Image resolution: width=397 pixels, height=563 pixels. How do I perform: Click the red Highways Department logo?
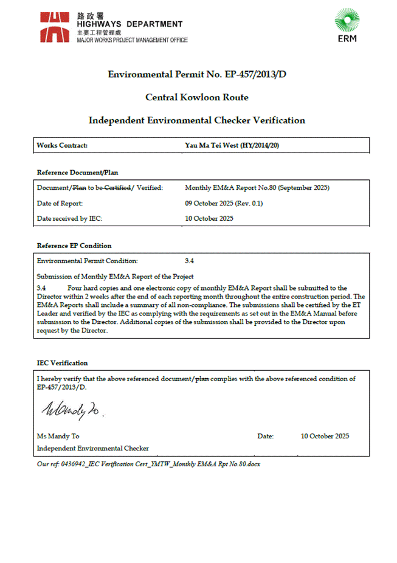tap(55, 27)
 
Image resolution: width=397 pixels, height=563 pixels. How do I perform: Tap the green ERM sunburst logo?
tap(347, 21)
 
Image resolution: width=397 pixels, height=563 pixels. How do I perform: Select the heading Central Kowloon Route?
tap(197, 97)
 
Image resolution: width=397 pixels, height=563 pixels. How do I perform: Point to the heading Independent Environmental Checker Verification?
tap(197, 120)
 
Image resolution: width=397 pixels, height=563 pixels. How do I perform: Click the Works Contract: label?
tap(62, 145)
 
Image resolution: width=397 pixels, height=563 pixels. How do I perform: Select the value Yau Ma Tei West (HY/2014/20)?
tap(232, 145)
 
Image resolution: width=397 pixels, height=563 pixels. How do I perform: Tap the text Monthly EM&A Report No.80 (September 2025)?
tap(257, 188)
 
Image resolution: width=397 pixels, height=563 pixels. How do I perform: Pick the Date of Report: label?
tap(60, 203)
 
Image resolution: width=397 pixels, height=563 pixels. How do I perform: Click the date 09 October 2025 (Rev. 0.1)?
tap(224, 203)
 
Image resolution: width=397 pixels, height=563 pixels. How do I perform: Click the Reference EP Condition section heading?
tap(74, 246)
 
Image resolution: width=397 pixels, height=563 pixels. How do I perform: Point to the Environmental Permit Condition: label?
tap(88, 261)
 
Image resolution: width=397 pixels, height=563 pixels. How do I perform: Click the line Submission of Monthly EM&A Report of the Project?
tap(115, 277)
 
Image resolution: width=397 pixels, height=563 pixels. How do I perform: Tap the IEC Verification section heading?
tap(62, 363)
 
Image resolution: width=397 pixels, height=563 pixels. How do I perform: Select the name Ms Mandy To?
tap(58, 436)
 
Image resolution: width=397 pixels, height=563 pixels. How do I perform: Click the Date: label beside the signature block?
tap(266, 436)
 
